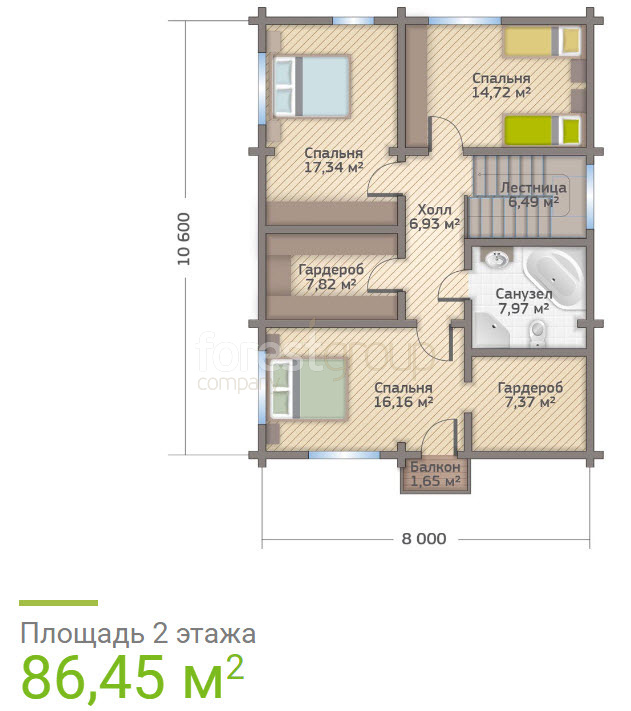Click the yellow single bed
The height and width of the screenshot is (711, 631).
click(543, 42)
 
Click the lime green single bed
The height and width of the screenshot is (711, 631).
click(543, 131)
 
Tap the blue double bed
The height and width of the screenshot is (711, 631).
click(311, 86)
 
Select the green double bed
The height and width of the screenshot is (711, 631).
click(308, 389)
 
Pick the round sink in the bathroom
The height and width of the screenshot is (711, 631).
click(497, 260)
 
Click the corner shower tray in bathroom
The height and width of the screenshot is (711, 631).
click(491, 329)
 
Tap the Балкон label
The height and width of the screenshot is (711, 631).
click(435, 467)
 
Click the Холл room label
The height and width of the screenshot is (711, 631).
click(434, 210)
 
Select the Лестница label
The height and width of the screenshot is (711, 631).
click(533, 188)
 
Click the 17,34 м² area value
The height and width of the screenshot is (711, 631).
click(334, 167)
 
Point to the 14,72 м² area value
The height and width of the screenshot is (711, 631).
click(501, 93)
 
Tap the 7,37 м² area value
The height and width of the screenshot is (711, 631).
click(530, 402)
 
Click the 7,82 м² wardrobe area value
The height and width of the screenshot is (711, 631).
click(330, 285)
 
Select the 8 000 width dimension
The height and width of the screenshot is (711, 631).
click(424, 539)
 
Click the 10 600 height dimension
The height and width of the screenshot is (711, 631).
click(184, 239)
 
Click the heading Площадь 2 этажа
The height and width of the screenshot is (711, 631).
click(138, 634)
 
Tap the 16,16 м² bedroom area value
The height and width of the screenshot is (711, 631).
click(403, 402)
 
